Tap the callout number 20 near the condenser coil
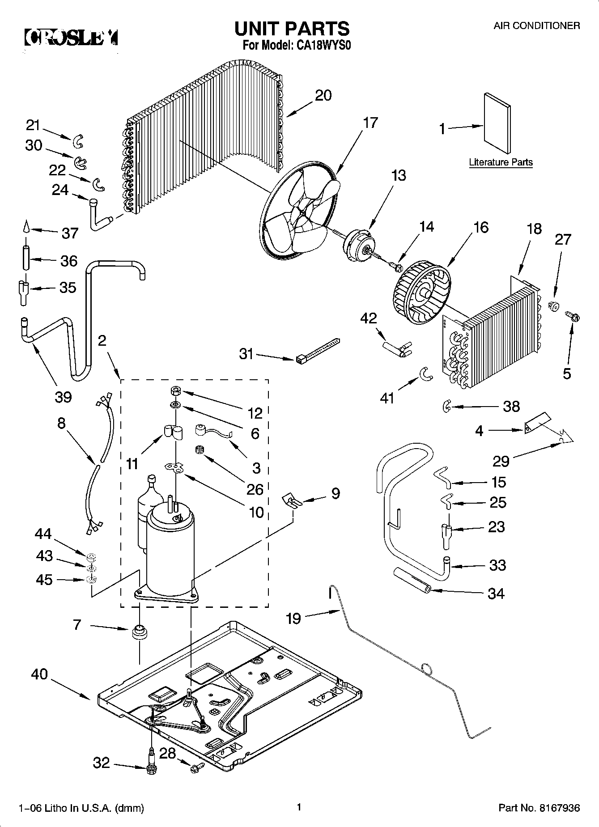point(323,95)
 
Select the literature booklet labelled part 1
point(497,123)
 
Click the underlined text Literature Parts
point(501,162)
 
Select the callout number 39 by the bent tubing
point(63,396)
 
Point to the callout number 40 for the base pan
point(39,674)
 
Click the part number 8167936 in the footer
point(559,808)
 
